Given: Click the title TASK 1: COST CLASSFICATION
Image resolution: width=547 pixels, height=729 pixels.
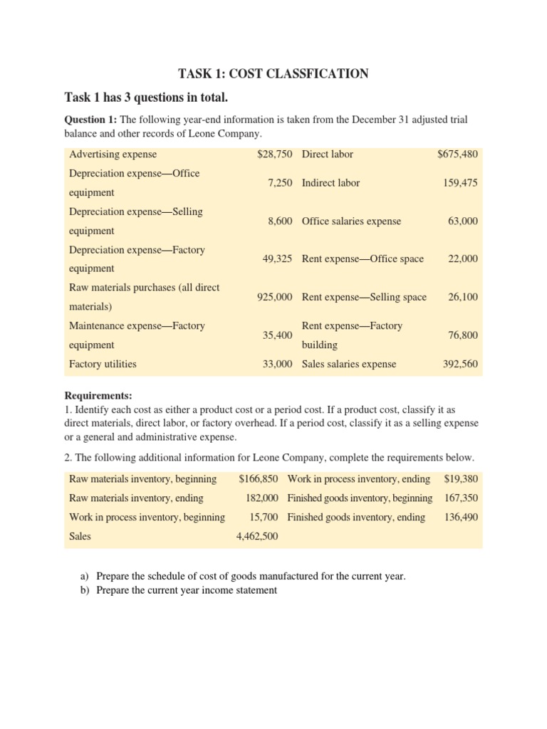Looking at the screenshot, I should point(273,73).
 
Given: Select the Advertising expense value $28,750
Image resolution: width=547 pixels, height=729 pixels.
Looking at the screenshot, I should point(275,154).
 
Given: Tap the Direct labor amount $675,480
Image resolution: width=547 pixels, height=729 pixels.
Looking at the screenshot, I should point(457,154).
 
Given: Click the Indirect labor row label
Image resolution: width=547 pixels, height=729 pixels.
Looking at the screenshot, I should point(330,183).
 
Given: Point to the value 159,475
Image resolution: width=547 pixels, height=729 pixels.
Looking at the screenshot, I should point(460,183).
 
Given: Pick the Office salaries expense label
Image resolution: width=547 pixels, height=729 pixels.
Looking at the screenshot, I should point(351,221).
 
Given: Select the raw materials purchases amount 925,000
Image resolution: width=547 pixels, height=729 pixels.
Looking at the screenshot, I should point(274,297).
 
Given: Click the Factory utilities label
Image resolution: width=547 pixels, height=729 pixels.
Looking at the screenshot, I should point(103,364).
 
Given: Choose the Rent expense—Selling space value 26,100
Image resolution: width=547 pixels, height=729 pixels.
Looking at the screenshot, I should point(463,297).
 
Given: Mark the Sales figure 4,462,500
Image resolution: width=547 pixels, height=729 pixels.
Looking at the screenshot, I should point(257,537).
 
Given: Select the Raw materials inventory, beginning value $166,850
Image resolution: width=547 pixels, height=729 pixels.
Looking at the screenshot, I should point(259,478).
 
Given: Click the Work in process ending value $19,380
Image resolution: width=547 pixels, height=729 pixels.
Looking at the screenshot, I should point(461,478).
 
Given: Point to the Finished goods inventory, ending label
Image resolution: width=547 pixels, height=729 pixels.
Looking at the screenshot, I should point(356,518).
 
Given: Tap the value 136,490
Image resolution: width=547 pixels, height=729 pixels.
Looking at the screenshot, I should point(461,518).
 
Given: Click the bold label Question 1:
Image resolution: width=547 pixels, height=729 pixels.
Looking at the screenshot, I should point(92,120).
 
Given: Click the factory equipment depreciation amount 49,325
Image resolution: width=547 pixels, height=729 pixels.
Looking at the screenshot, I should point(278,259).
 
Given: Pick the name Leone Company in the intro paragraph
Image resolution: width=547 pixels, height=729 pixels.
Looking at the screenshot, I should point(222,134).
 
